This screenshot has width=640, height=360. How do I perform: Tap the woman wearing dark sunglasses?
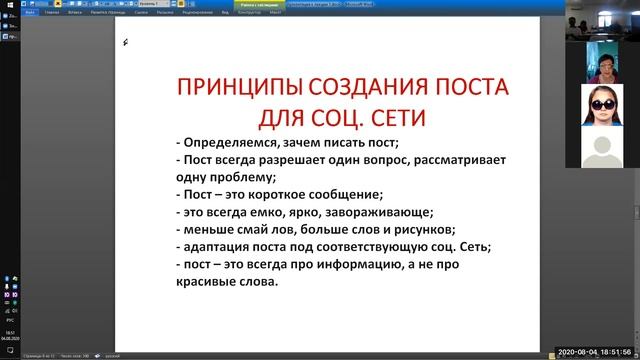coord(601,105)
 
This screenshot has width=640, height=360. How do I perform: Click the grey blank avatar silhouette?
coord(601,151)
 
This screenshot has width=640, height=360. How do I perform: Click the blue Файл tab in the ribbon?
coord(31,13)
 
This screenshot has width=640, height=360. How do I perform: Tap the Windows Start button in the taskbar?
coord(9,351)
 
